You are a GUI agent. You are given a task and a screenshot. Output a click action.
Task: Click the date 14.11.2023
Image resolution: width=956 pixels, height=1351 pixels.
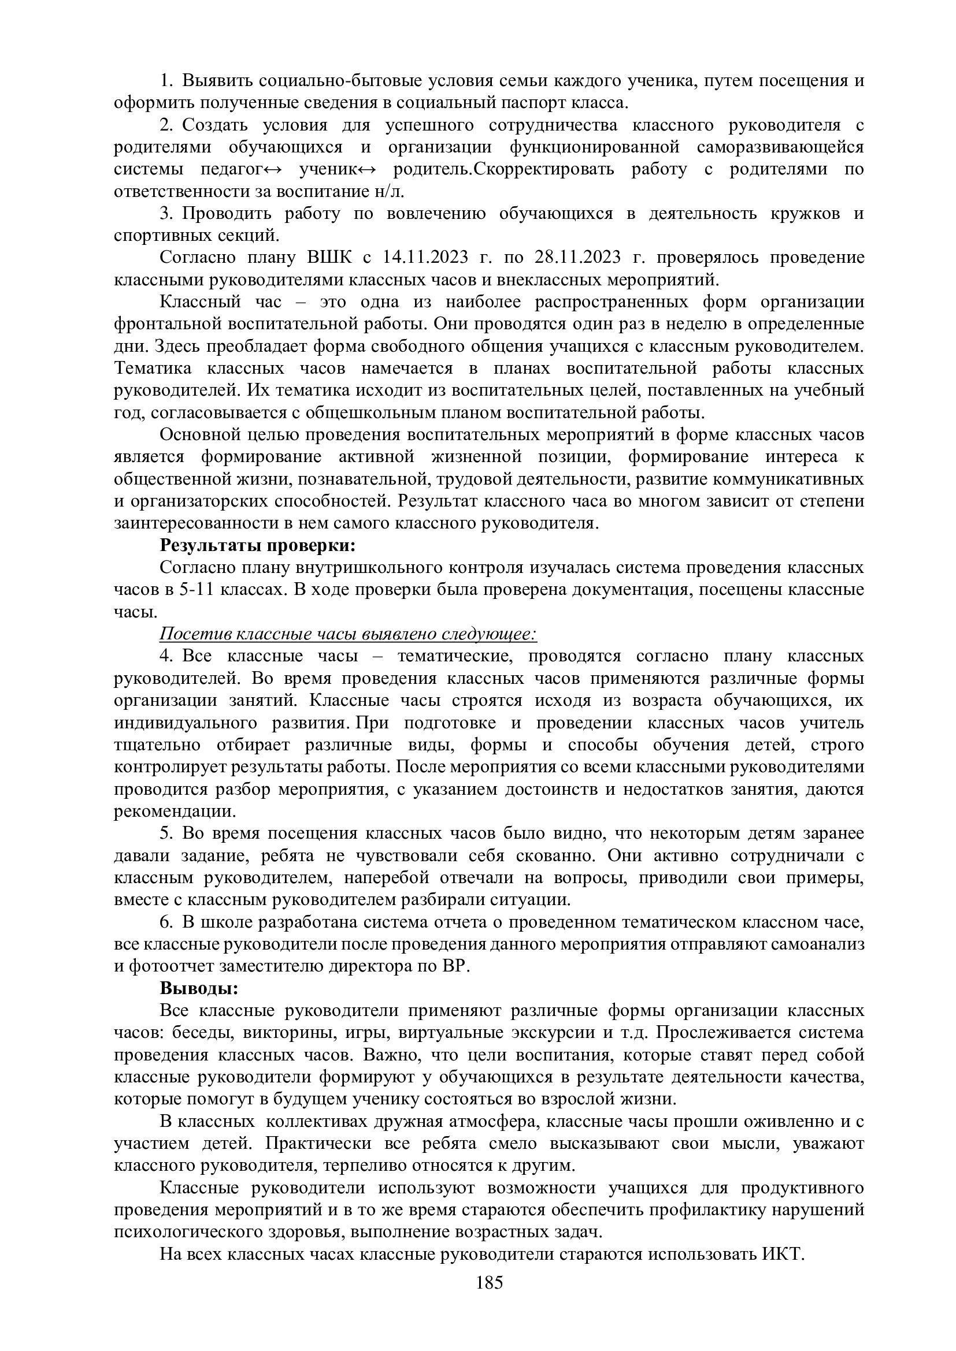click(425, 257)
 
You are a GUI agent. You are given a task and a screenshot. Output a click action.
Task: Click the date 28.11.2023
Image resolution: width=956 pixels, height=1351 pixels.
click(577, 257)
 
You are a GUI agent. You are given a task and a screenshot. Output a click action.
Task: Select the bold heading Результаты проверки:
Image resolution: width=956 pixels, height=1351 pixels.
click(258, 545)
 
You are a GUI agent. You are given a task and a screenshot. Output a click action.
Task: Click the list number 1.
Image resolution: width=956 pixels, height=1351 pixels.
click(165, 81)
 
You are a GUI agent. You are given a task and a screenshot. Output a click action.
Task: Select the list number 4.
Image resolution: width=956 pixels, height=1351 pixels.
click(165, 656)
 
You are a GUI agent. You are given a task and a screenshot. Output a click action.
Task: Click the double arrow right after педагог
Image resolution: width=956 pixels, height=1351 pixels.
click(273, 169)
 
